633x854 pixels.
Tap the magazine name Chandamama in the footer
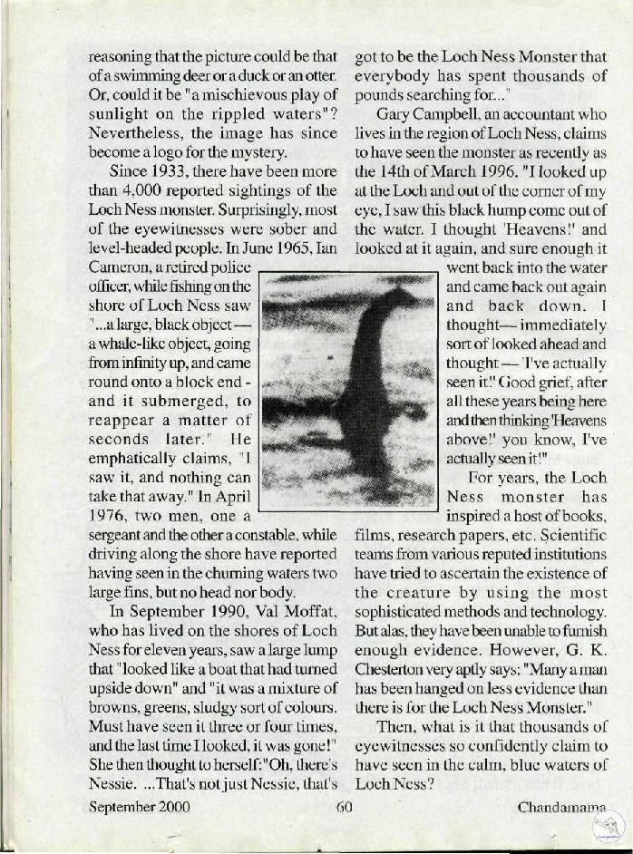pyautogui.click(x=560, y=806)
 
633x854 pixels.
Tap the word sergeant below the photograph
pyautogui.click(x=120, y=535)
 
